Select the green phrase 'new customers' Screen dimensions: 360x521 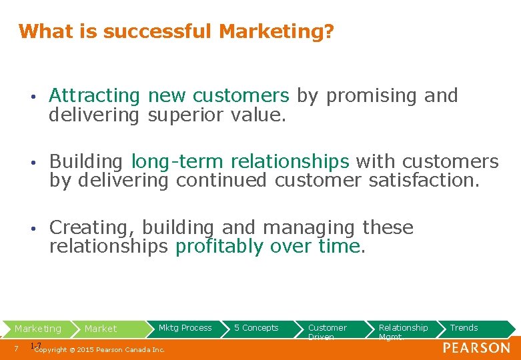(x=218, y=96)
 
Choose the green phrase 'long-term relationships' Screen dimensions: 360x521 (x=240, y=162)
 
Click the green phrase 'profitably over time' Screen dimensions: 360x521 (x=268, y=246)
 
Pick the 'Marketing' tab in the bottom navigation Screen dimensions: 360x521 (x=38, y=329)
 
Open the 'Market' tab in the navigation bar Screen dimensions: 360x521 (x=101, y=329)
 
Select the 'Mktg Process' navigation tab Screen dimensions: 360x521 (x=185, y=328)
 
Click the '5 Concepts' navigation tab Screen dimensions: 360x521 (x=256, y=328)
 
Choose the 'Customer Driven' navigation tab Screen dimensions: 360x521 (x=327, y=331)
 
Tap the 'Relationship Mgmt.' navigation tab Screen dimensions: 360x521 (x=403, y=331)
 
